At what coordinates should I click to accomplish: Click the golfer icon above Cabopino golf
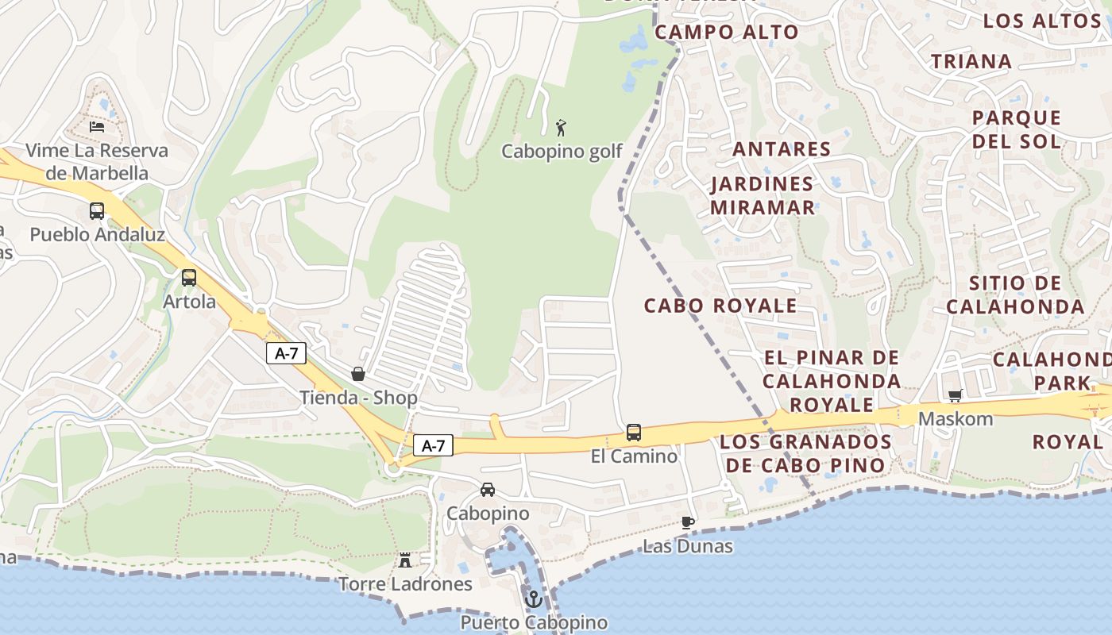tap(562, 127)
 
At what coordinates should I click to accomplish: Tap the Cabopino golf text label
tap(562, 151)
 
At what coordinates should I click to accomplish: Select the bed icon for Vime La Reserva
tap(97, 127)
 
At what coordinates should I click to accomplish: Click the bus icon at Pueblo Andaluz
tap(97, 211)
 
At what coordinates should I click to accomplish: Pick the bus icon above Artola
tap(189, 278)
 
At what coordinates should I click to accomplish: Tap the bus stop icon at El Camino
tap(634, 433)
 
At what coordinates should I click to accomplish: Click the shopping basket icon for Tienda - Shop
tap(358, 374)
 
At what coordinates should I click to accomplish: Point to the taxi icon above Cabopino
tap(488, 490)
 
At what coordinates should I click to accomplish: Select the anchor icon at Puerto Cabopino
tap(534, 599)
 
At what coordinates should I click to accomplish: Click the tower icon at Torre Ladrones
tap(405, 560)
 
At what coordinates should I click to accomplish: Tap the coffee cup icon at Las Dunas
tap(688, 522)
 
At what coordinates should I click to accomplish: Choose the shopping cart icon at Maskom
tap(956, 395)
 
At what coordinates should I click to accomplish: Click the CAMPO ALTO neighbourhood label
tap(726, 32)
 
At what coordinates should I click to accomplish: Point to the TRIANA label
tap(971, 61)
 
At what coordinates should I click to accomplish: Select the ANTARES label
tap(782, 148)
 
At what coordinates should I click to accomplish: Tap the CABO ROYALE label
tap(720, 306)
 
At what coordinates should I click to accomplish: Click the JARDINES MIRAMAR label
tap(763, 195)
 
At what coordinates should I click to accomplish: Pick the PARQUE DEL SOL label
tap(1017, 129)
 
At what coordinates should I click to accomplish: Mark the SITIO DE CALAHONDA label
tap(1015, 294)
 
